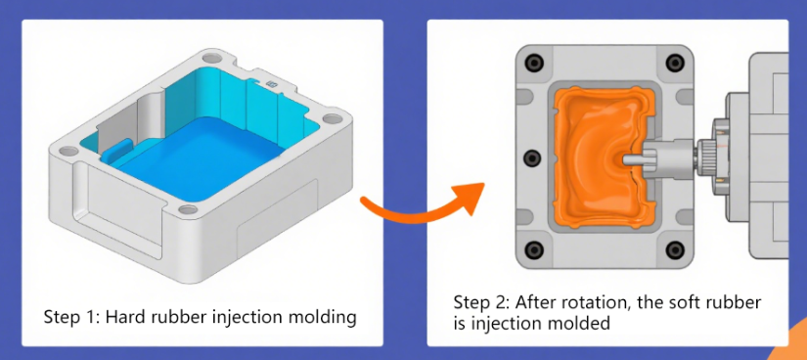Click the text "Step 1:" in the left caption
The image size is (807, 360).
(70, 317)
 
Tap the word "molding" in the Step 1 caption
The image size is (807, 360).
(324, 317)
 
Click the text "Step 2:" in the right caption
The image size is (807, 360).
(480, 301)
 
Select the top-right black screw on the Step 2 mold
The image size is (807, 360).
(672, 64)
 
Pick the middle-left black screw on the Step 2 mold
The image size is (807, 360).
(531, 157)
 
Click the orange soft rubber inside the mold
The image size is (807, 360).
(587, 127)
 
